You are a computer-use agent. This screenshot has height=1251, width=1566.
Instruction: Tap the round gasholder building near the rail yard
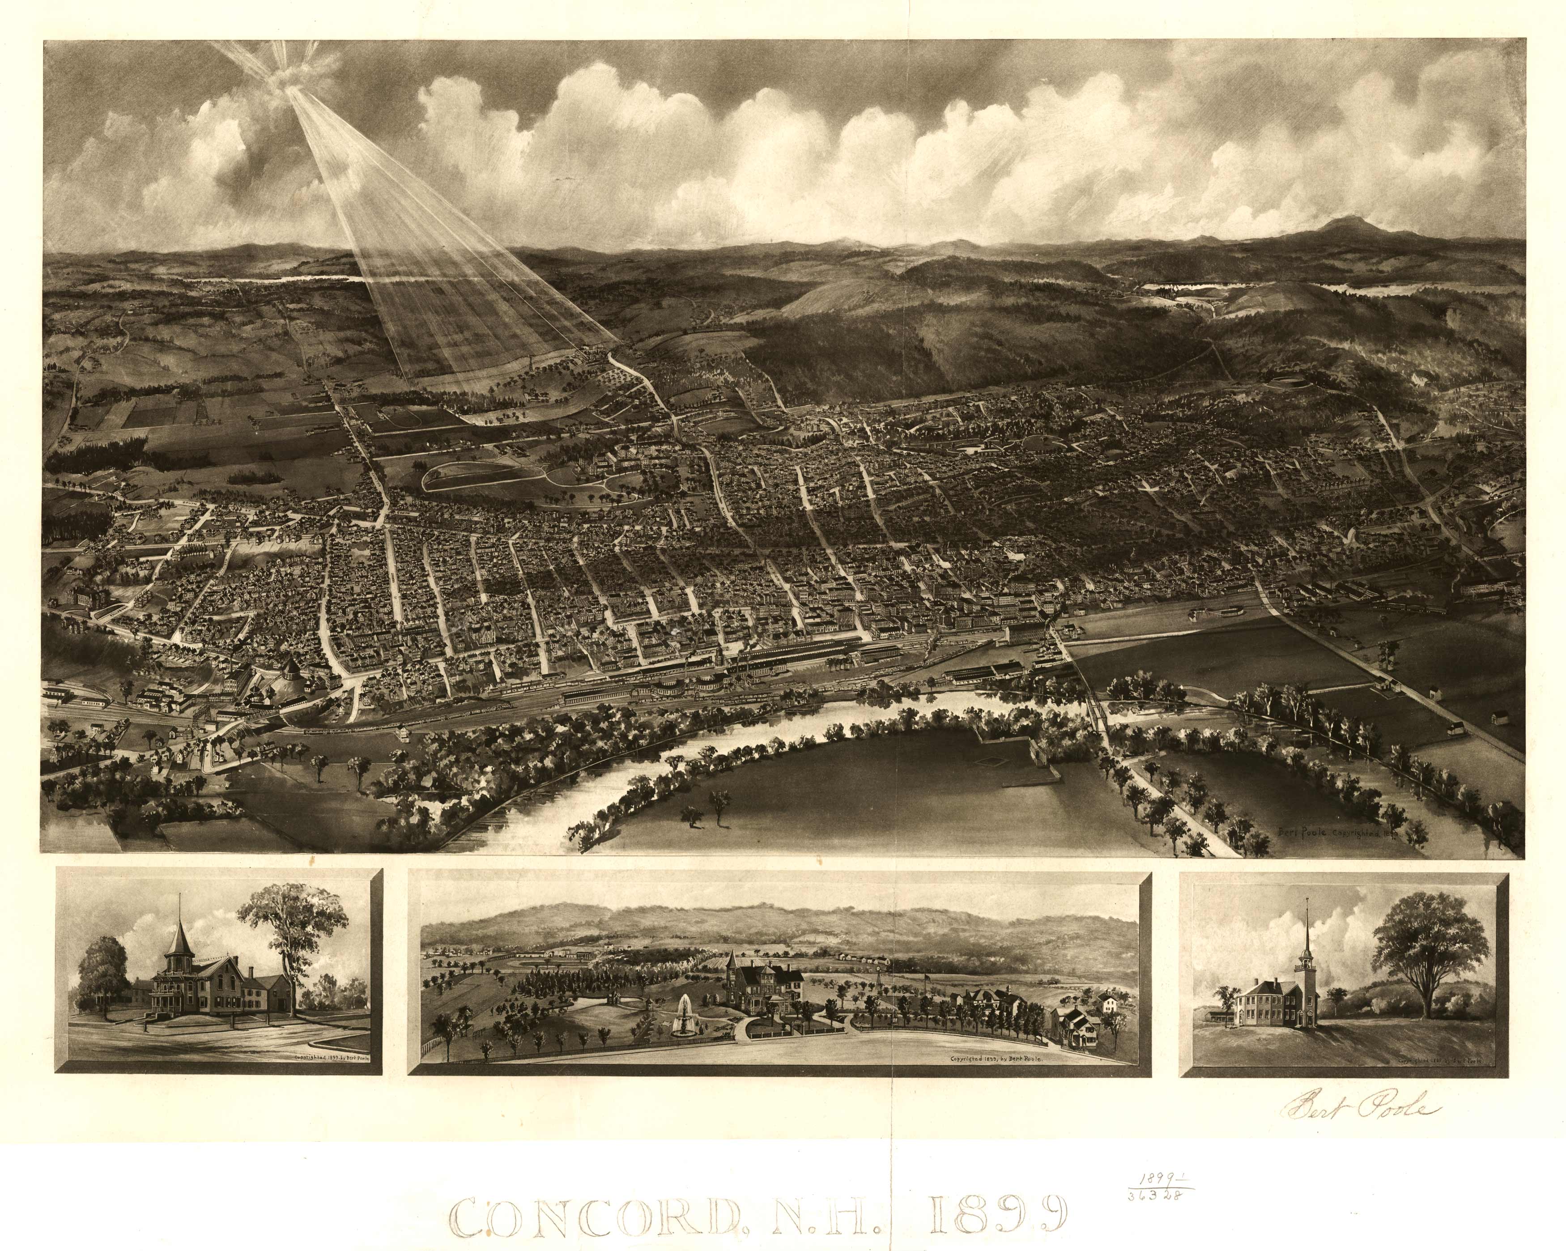[288, 673]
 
